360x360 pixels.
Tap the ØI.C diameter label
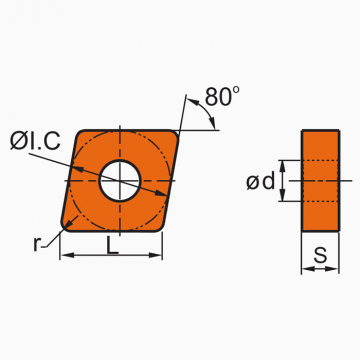(x=35, y=140)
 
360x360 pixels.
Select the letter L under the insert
(x=112, y=245)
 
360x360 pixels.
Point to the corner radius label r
(x=37, y=244)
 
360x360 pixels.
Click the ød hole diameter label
(x=261, y=182)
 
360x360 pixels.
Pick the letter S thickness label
(x=320, y=255)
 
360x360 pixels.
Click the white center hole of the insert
(x=120, y=181)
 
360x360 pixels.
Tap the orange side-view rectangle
(x=321, y=180)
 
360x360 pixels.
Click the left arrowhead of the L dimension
(x=67, y=255)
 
